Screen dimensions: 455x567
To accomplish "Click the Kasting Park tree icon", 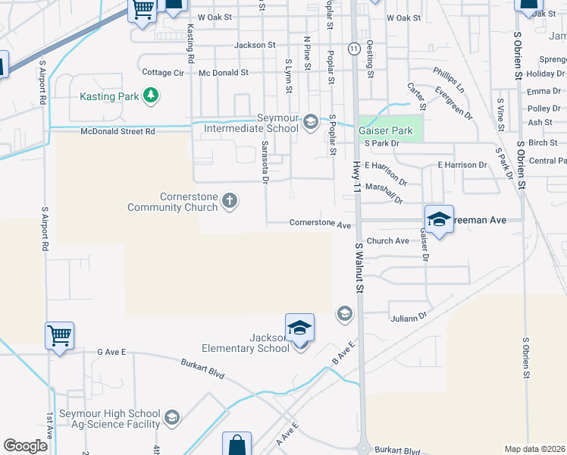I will coord(152,96).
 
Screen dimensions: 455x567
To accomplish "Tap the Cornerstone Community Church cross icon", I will coord(230,200).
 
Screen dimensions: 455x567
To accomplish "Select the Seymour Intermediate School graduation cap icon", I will coord(310,122).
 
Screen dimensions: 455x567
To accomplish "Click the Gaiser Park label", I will coord(385,130).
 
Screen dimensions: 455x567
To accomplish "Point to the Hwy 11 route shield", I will coord(354,49).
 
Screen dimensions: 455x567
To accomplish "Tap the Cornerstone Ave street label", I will coord(321,224).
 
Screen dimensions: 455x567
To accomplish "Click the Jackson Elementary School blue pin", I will coord(299,329).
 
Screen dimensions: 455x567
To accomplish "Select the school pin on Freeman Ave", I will coord(439,220).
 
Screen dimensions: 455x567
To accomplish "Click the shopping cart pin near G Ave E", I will coord(60,335).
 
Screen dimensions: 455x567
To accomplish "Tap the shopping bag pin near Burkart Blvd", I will coord(237,445).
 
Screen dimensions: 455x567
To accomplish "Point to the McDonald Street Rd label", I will coord(117,131).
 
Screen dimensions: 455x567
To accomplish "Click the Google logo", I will coord(26,446).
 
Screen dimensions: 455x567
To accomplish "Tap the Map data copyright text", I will coord(534,449).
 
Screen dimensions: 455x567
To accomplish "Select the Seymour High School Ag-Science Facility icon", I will coord(172,418).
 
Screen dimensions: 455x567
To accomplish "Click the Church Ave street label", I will coord(387,241).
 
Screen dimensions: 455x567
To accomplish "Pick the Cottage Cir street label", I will coord(163,73).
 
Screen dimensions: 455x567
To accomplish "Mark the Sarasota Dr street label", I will coord(265,162).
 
